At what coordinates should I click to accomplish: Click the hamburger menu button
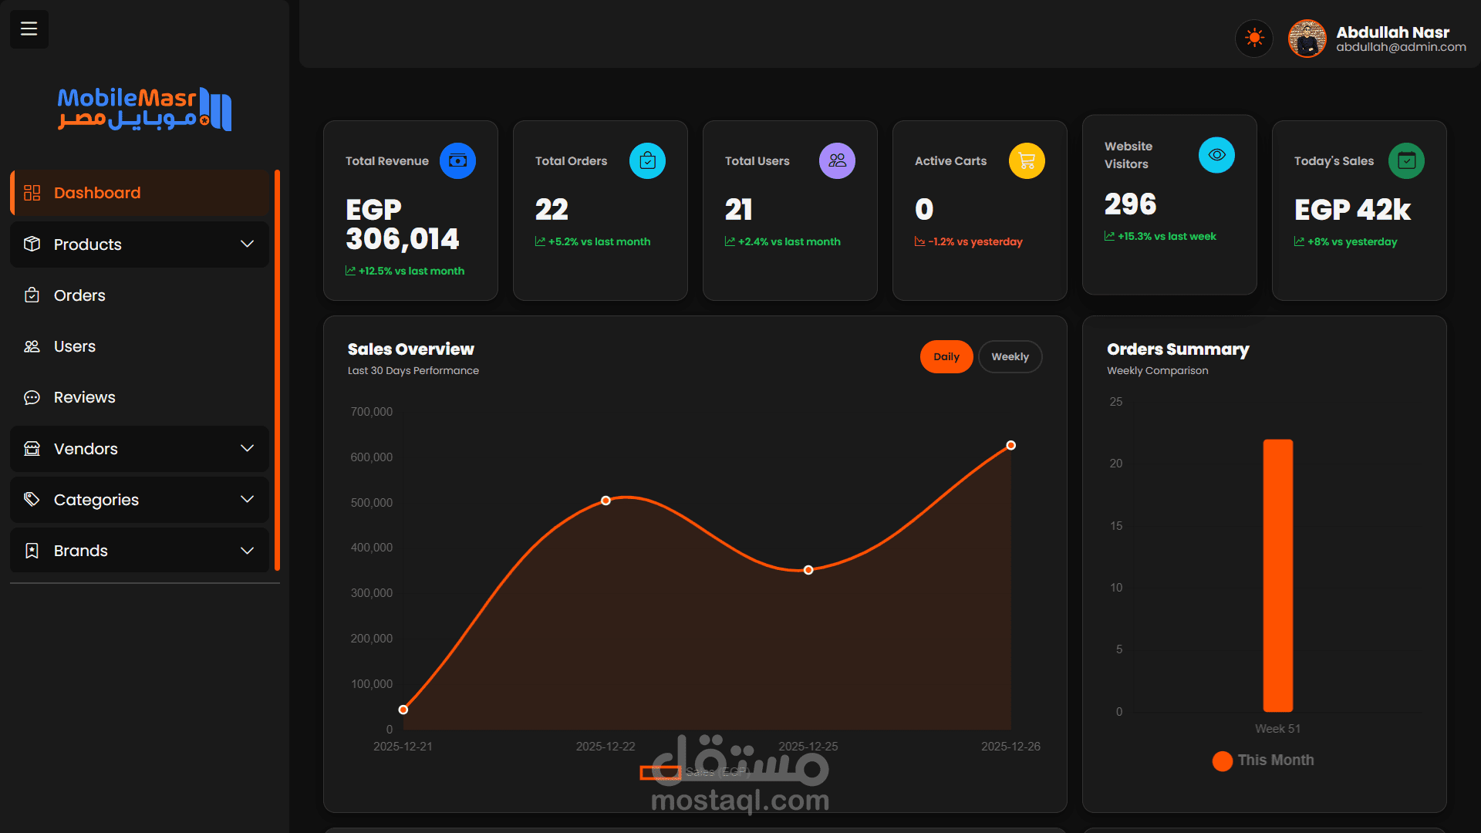point(29,29)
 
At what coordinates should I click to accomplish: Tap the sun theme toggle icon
point(1254,38)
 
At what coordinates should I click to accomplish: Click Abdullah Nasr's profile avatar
point(1307,39)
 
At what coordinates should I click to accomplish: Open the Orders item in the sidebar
point(79,295)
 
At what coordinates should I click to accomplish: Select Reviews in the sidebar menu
point(84,397)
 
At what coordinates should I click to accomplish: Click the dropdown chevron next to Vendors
point(247,449)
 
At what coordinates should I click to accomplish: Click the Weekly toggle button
point(1010,357)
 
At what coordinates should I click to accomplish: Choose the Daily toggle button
point(946,357)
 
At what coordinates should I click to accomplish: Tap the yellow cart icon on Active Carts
point(1027,161)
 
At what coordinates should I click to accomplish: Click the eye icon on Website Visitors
point(1216,155)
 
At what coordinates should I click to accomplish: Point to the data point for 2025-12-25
point(808,570)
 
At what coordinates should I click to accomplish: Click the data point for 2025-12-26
point(1010,446)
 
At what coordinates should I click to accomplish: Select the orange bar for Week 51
point(1277,575)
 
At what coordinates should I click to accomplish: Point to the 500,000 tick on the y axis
point(371,503)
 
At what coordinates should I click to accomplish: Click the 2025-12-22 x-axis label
point(606,747)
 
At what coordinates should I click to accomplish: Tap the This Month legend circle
point(1222,761)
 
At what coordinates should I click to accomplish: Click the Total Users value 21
point(738,210)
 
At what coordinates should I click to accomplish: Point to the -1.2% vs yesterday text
point(975,242)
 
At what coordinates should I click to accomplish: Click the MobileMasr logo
point(144,109)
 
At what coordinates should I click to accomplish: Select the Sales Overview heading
point(410,349)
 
